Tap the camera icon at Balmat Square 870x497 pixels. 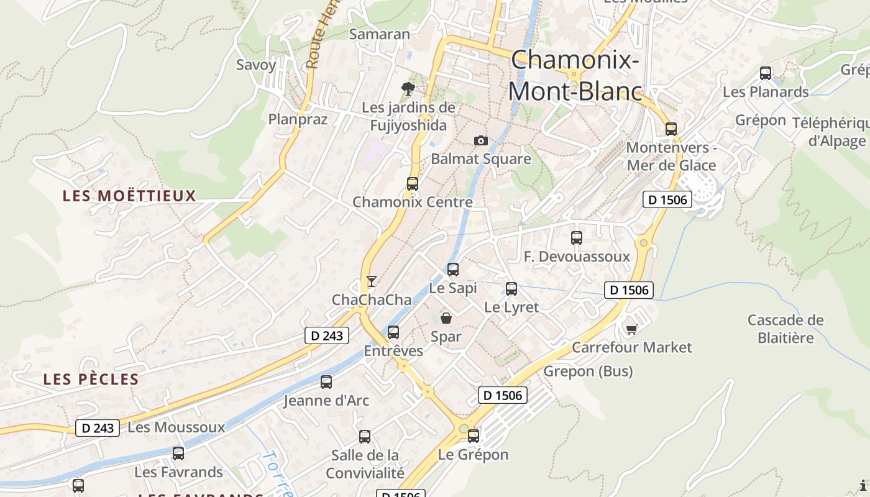[480, 140]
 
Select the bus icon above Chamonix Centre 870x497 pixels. [413, 184]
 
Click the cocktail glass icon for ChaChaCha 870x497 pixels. [371, 281]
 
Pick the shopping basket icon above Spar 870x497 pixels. [446, 319]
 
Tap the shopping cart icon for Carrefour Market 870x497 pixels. [631, 329]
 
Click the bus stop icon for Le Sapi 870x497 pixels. [453, 270]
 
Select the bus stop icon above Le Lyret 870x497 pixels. [511, 289]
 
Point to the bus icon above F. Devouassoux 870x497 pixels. [577, 238]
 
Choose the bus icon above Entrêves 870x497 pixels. [393, 332]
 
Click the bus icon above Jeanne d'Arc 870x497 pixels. [326, 382]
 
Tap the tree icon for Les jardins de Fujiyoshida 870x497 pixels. [408, 89]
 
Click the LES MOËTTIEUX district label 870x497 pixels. [129, 196]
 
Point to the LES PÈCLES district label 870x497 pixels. [91, 379]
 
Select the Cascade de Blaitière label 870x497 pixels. [785, 329]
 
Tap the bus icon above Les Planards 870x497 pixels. [766, 73]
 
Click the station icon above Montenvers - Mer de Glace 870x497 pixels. [671, 129]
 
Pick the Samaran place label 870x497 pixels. [380, 34]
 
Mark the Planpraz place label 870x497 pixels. [298, 119]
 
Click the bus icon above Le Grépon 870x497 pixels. [474, 436]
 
